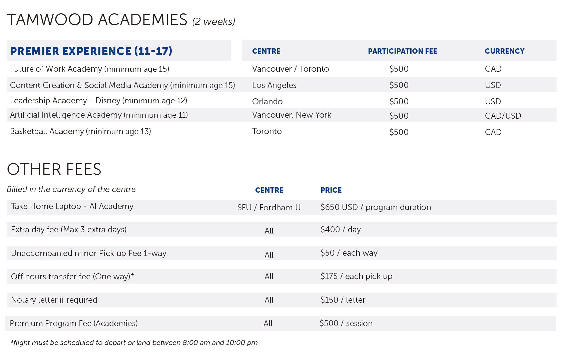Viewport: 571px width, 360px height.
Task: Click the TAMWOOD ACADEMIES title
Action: (97, 20)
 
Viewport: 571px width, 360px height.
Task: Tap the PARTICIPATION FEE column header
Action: (402, 51)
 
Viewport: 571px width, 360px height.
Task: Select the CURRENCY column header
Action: (504, 51)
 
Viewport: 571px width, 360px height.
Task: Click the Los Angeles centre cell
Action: (274, 85)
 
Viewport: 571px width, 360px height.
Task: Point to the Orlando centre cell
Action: (267, 102)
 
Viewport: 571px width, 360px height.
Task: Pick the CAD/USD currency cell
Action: (503, 116)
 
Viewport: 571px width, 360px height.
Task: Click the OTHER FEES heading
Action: (54, 169)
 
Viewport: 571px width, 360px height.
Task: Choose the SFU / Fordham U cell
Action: (269, 208)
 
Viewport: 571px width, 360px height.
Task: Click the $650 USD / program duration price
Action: (376, 207)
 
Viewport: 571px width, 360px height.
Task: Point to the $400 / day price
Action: (341, 230)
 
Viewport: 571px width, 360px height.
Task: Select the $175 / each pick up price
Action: (356, 276)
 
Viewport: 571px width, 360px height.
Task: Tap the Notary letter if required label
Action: (54, 300)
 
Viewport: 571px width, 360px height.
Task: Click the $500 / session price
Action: (346, 323)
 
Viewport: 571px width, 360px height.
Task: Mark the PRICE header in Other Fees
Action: (331, 190)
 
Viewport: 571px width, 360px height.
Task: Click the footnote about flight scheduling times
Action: (134, 343)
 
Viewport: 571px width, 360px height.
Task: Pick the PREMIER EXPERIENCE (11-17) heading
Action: (91, 51)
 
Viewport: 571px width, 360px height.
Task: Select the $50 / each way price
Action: (349, 253)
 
